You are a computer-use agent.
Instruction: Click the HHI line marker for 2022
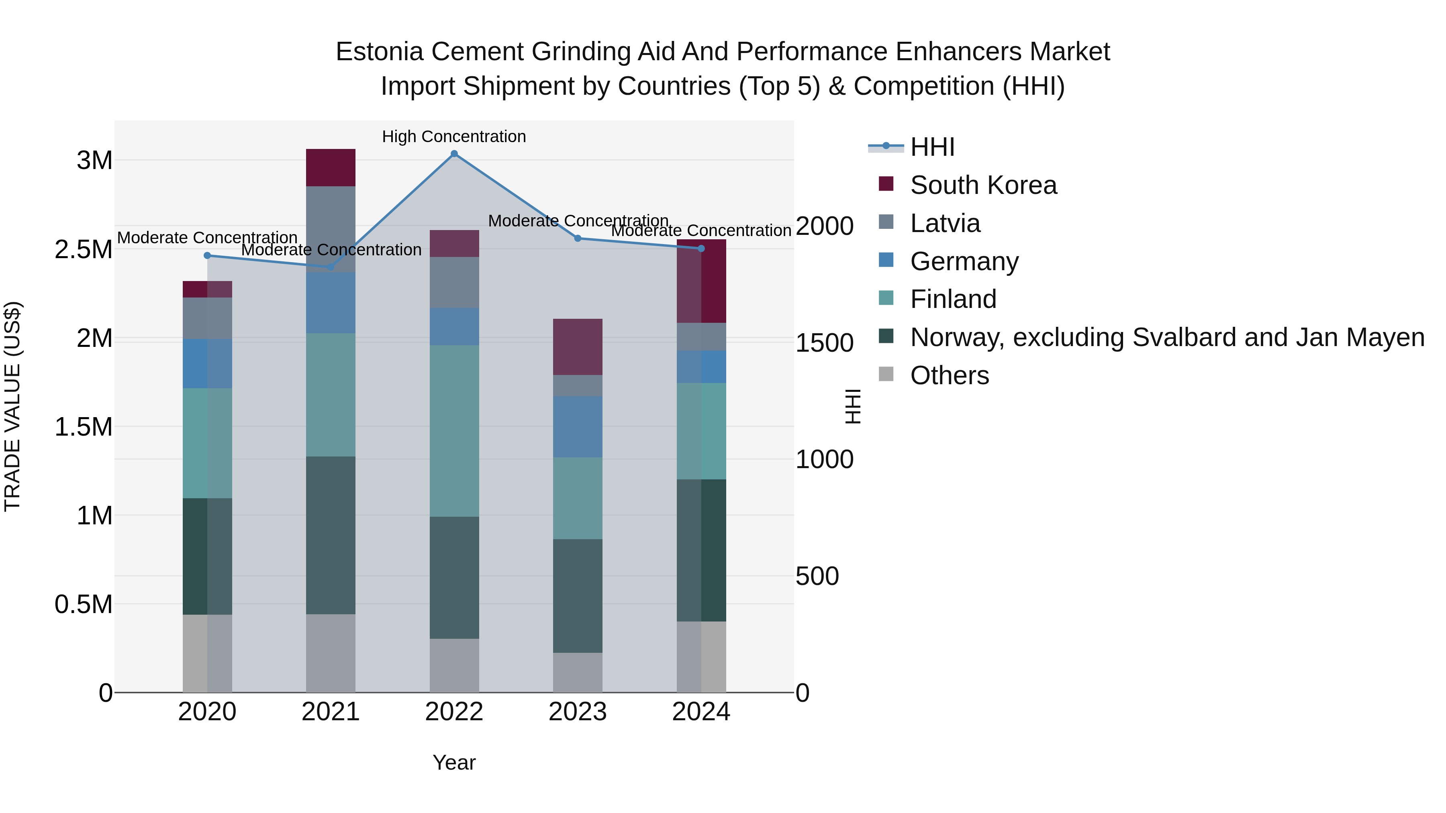pos(454,154)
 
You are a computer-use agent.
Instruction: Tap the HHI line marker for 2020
pos(207,255)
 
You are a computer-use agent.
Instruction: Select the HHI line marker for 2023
pos(578,238)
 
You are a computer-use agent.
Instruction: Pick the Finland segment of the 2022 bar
pos(454,430)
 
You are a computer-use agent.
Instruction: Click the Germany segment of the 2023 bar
pos(578,426)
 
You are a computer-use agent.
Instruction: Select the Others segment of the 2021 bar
pos(331,653)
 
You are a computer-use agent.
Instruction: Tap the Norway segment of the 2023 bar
pos(578,595)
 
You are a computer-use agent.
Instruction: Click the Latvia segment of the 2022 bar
pos(454,282)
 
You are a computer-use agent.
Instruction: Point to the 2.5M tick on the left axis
pos(84,249)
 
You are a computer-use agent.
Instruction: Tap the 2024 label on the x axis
pos(701,712)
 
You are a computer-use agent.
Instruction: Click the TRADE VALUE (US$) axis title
pos(12,406)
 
